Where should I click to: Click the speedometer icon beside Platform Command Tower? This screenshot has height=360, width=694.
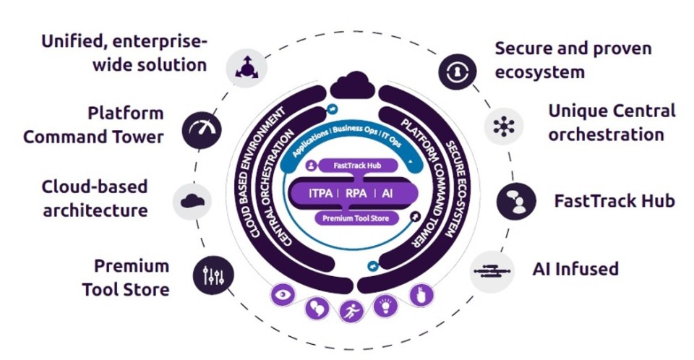pos(202,130)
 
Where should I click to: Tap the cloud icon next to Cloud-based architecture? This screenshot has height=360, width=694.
pos(192,200)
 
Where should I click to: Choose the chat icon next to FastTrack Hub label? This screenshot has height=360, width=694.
pos(515,201)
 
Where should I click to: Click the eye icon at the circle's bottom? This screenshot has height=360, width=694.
pos(283,294)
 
